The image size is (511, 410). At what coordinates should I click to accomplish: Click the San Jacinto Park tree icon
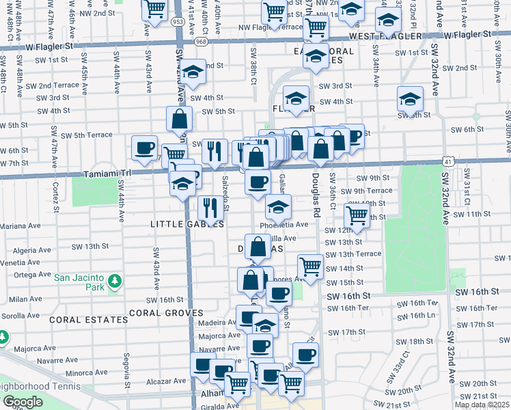click(x=115, y=279)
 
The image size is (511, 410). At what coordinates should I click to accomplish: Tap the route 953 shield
click(x=177, y=22)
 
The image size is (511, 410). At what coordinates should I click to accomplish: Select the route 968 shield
click(x=201, y=42)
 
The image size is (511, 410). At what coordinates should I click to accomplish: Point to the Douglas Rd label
click(x=316, y=198)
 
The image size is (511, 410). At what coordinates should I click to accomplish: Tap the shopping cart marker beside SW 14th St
click(x=310, y=265)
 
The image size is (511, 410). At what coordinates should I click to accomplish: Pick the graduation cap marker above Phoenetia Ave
click(x=277, y=206)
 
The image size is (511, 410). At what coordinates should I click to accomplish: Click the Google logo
click(x=22, y=402)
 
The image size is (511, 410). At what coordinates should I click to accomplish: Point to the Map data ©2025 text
click(x=482, y=405)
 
